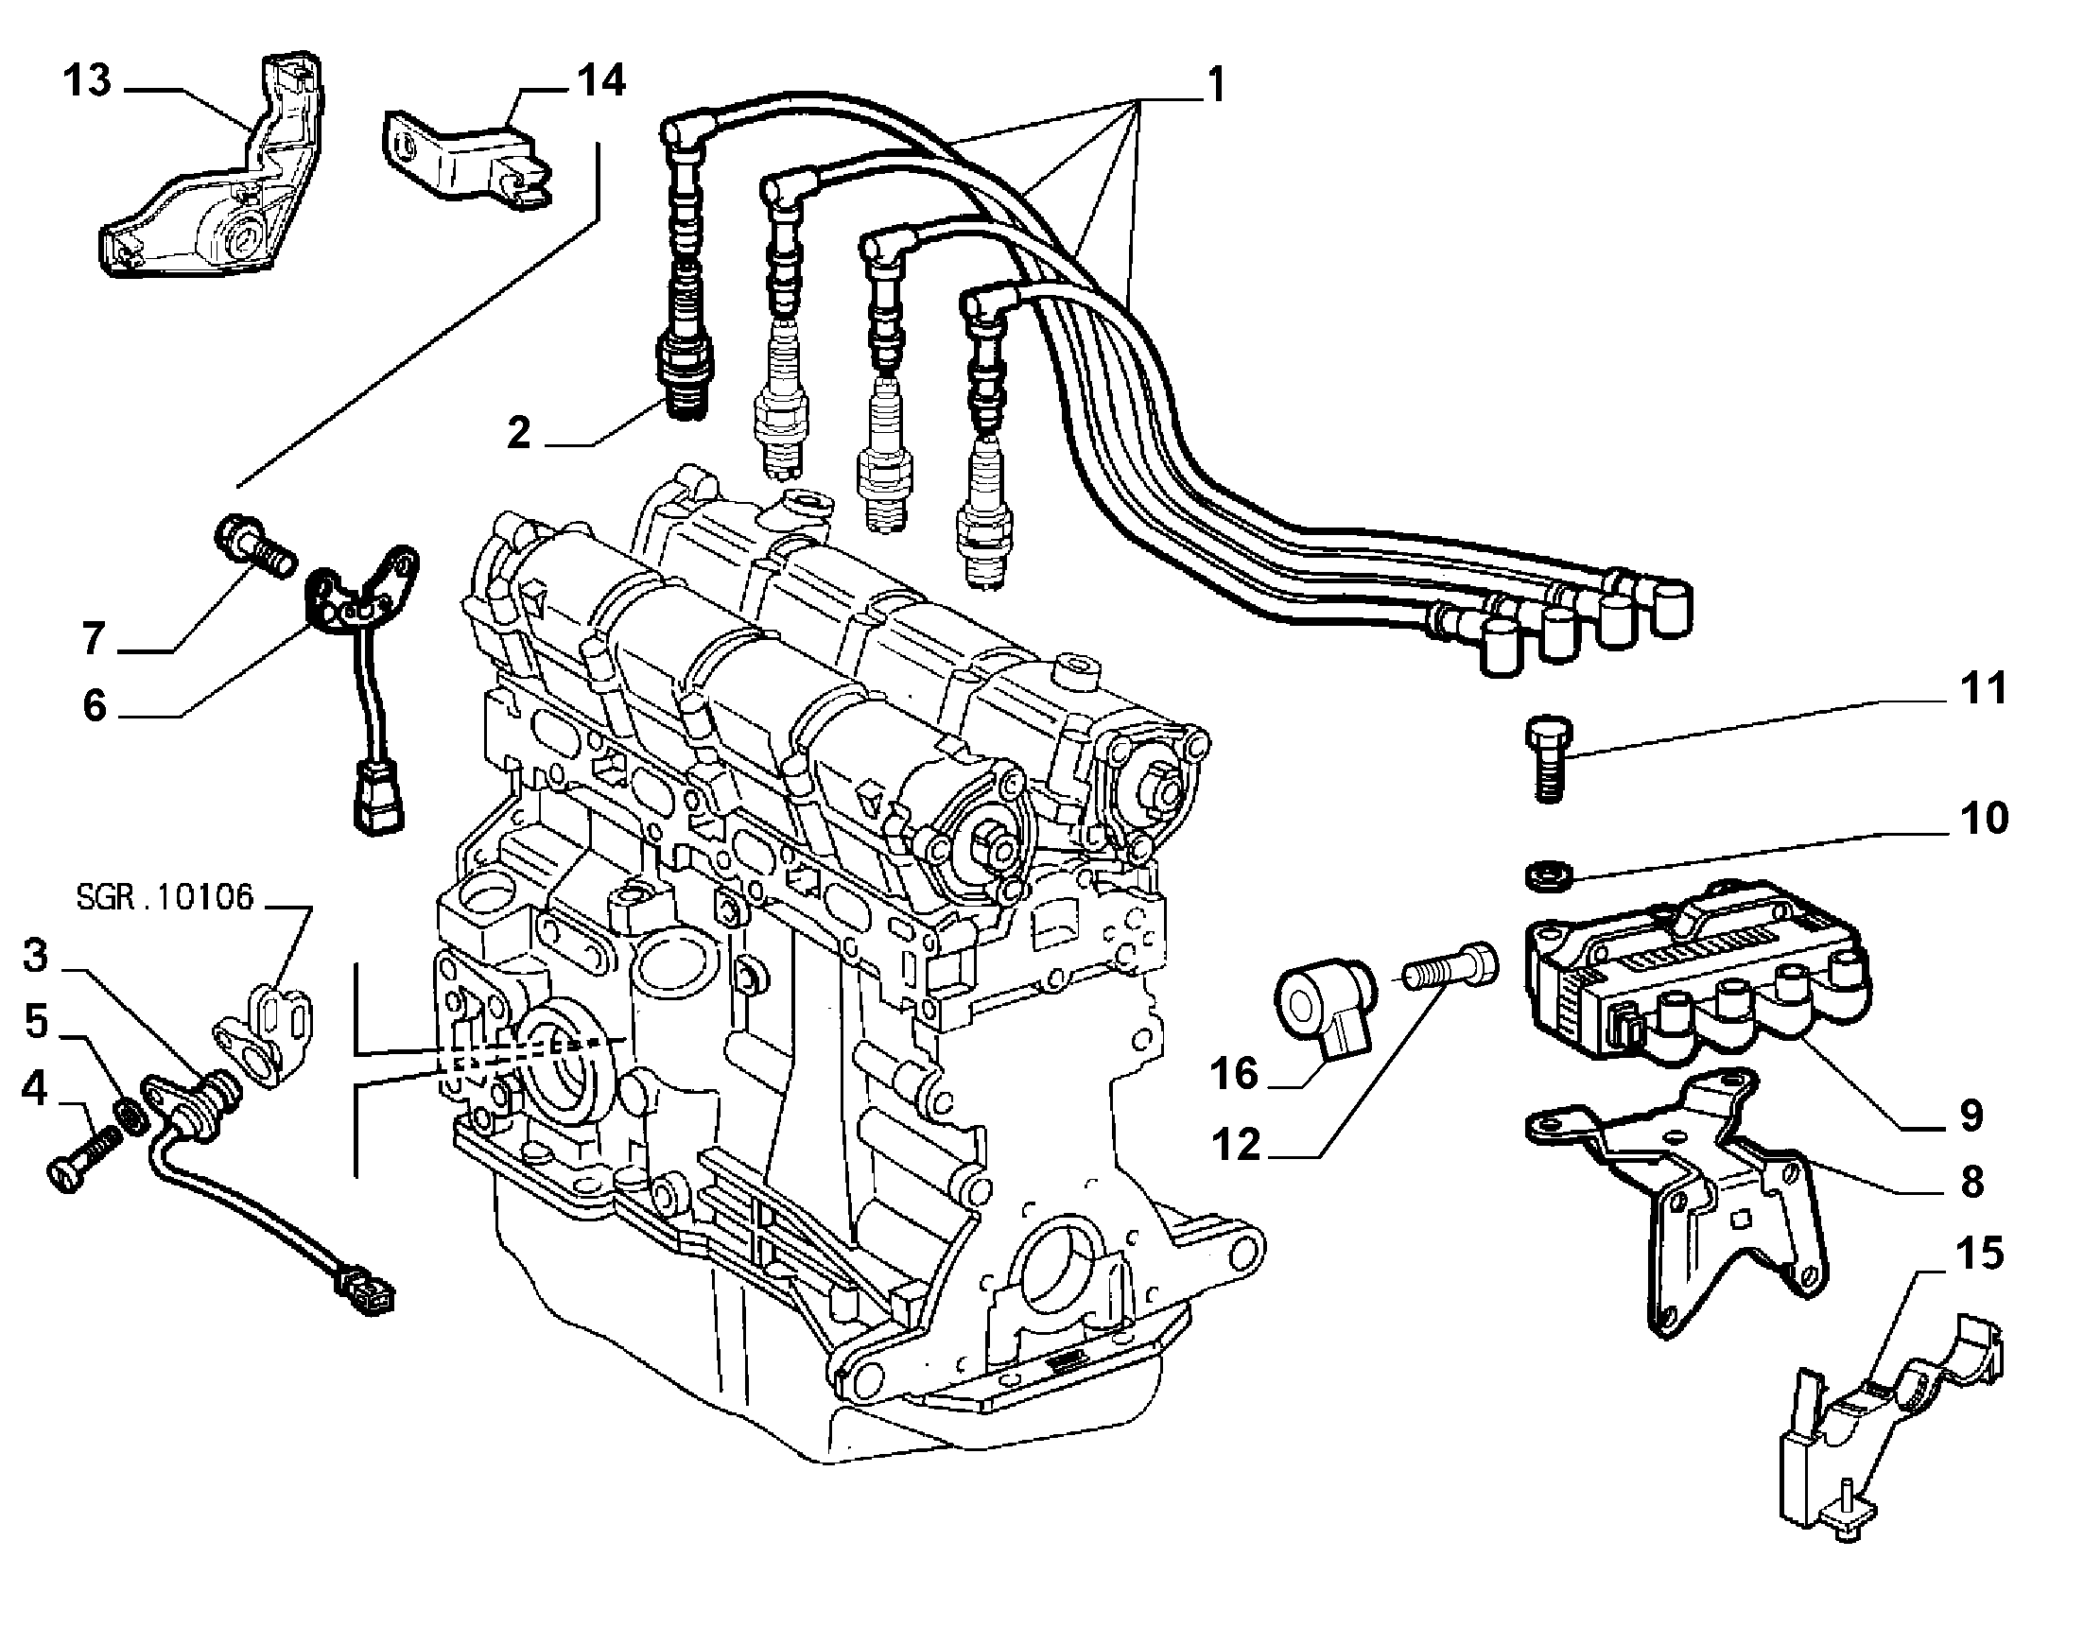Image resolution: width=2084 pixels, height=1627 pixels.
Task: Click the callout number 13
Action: pos(88,81)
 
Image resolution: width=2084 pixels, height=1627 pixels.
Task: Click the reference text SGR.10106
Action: pos(165,898)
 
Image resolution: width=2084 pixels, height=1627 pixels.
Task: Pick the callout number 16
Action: pos(1235,1074)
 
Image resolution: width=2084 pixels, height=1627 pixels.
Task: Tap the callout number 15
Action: pos(1979,1254)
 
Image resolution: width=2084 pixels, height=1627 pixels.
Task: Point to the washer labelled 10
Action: pos(1541,874)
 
